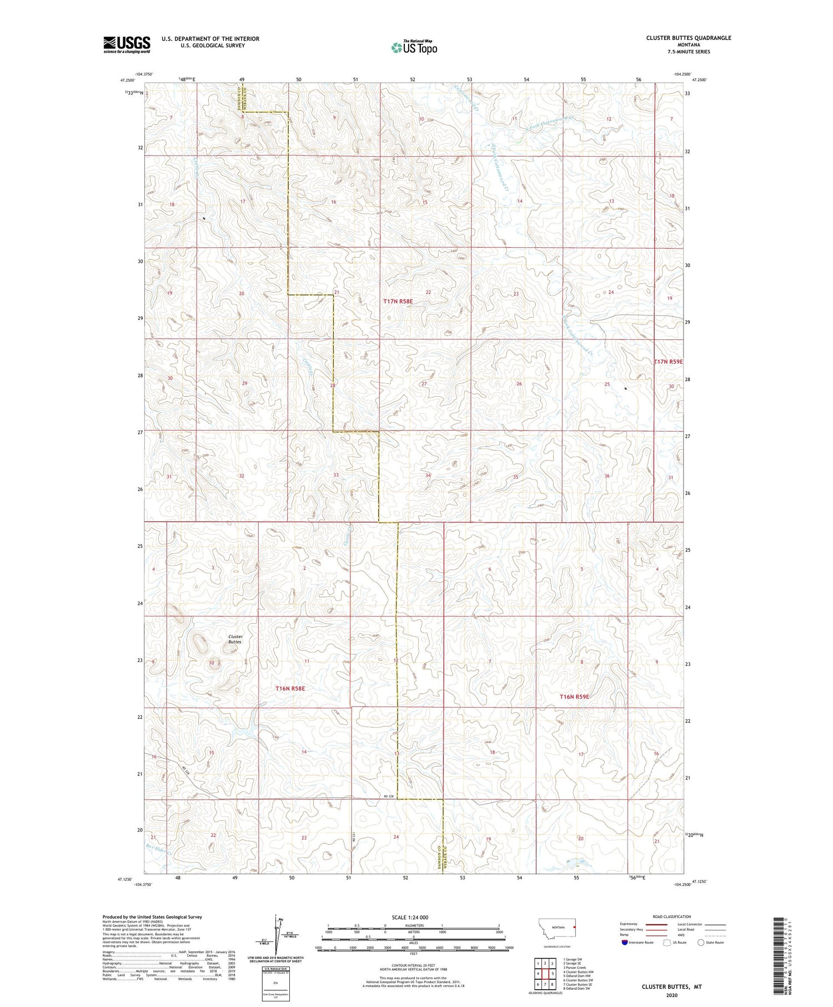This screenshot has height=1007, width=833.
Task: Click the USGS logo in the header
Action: tap(127, 44)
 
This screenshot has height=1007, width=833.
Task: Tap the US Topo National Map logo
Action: tap(414, 47)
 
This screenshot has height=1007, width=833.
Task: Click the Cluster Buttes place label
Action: tap(235, 639)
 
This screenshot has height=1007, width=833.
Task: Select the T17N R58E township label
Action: tap(398, 301)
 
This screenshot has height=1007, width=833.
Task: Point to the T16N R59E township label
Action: tap(574, 697)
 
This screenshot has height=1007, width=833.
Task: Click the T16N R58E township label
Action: tap(290, 689)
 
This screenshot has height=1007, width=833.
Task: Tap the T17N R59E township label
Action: tap(668, 362)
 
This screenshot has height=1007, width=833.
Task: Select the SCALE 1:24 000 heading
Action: tap(410, 917)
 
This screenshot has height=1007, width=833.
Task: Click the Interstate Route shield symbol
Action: tap(625, 943)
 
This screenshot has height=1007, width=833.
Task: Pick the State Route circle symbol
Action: tap(701, 943)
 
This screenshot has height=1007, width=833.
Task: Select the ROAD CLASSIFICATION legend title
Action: tap(672, 917)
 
